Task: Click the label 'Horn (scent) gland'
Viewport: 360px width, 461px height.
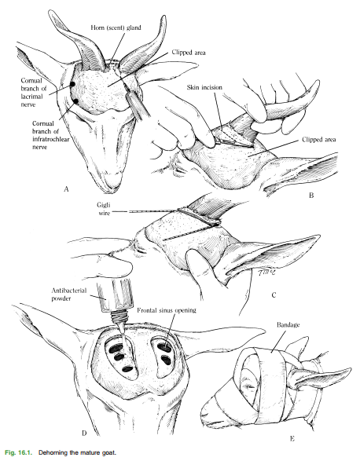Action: pyautogui.click(x=116, y=27)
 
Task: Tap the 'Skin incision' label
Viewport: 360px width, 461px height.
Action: pyautogui.click(x=204, y=87)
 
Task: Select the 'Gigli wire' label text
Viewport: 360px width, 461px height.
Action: pyautogui.click(x=104, y=208)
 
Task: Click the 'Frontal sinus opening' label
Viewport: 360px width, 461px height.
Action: pyautogui.click(x=167, y=310)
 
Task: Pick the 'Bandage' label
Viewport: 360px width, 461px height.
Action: pyautogui.click(x=288, y=325)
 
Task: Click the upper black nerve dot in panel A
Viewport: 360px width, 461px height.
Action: pyautogui.click(x=72, y=84)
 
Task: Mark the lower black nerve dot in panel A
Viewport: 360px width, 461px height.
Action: pyautogui.click(x=76, y=101)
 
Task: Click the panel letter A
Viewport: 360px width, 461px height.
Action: pyautogui.click(x=66, y=189)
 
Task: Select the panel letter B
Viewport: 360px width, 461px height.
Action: pyautogui.click(x=311, y=196)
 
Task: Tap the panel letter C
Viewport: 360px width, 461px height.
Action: pyautogui.click(x=274, y=295)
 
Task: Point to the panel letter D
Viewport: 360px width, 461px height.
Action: pyautogui.click(x=84, y=433)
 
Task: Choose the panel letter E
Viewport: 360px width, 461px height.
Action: pyautogui.click(x=292, y=439)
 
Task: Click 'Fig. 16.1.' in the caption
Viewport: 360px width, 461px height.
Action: pyautogui.click(x=20, y=452)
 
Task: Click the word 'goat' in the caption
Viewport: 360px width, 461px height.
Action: pyautogui.click(x=109, y=453)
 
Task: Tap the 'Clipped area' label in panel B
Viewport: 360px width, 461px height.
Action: pyautogui.click(x=319, y=140)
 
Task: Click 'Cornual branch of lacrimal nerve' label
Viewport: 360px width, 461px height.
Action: pyautogui.click(x=32, y=93)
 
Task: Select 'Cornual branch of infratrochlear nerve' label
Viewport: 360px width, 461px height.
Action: pyautogui.click(x=50, y=135)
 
